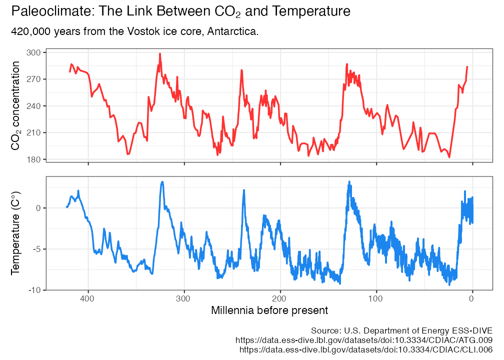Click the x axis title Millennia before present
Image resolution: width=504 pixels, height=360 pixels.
269,310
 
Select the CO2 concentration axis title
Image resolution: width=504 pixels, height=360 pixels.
15,106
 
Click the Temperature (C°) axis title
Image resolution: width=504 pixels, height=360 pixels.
15,233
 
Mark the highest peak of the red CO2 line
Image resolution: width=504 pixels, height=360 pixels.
160,53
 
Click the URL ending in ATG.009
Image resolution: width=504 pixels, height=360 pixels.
364,340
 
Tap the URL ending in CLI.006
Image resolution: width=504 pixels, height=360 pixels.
366,350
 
